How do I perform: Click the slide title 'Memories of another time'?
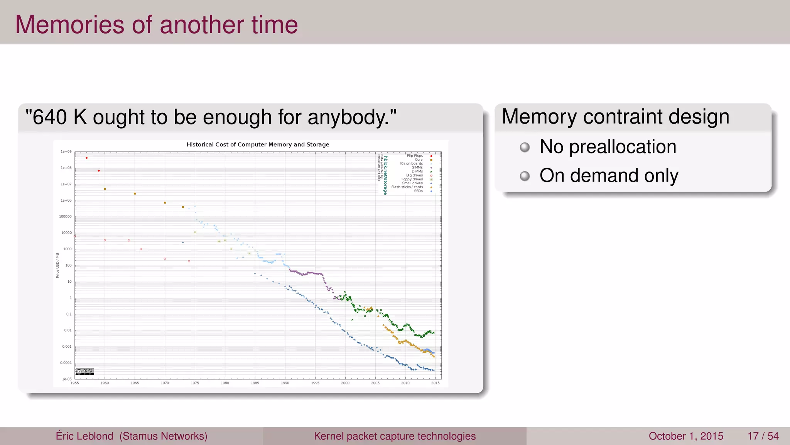click(x=156, y=25)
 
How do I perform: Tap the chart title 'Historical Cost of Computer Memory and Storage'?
click(x=258, y=144)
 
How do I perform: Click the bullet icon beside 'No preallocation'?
click(x=525, y=147)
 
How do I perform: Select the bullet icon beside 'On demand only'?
click(x=525, y=176)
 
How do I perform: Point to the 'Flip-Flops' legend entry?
click(x=415, y=156)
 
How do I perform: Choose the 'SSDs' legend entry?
click(x=419, y=191)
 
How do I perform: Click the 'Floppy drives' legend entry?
click(x=412, y=179)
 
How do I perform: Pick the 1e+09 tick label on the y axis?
click(x=66, y=152)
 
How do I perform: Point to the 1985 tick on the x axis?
click(x=255, y=383)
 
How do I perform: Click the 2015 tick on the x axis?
click(x=435, y=383)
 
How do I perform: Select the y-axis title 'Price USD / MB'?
click(x=57, y=265)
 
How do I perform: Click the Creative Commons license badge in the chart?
click(x=85, y=372)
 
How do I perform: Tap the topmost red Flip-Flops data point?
click(x=87, y=158)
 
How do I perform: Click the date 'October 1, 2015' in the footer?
click(x=686, y=436)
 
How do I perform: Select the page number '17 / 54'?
click(x=763, y=436)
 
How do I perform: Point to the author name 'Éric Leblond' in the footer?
click(x=84, y=436)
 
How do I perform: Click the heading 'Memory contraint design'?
click(x=615, y=117)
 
